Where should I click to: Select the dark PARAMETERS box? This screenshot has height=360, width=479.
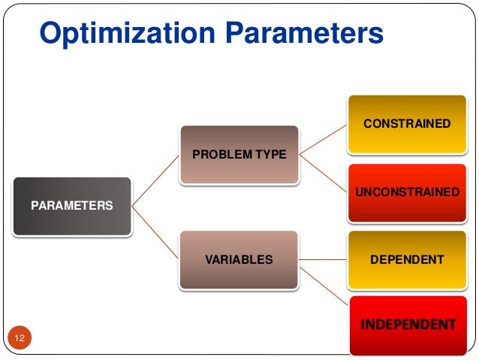[72, 205]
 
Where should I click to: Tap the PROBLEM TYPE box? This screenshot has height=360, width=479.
[239, 154]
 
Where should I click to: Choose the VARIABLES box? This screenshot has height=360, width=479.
[239, 260]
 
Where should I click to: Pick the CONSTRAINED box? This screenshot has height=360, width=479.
[406, 123]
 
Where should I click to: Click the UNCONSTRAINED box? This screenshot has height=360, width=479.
[406, 192]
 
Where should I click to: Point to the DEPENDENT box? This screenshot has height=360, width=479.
[406, 260]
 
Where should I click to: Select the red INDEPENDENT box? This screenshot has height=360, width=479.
[408, 325]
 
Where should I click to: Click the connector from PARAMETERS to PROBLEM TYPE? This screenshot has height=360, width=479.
[155, 180]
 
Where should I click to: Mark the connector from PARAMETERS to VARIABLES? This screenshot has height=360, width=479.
[155, 232]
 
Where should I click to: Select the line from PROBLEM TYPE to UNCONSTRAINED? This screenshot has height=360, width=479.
[322, 172]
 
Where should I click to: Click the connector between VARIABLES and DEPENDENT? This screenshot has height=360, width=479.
[322, 260]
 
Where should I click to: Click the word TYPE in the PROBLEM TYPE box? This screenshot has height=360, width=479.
[271, 154]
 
